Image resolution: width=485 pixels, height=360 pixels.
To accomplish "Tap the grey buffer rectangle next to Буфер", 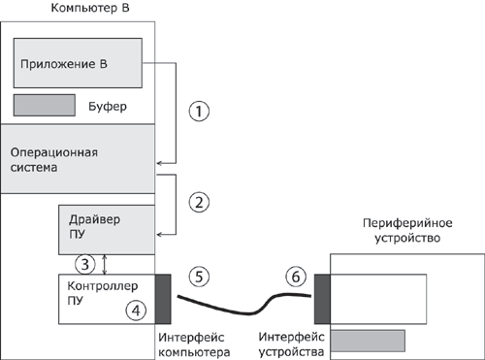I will pos(44,103).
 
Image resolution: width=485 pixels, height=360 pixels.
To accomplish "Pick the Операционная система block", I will pos(78,158).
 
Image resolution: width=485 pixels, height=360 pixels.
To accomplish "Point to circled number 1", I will pos(199,111).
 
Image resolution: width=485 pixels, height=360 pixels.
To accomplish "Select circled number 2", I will pos(199,203).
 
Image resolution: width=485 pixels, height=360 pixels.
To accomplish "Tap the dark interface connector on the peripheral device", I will pos(322,299).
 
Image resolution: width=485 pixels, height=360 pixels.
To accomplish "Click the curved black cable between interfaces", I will pos(242,309).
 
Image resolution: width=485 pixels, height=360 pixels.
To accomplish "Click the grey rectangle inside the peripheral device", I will pos(368,341).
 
